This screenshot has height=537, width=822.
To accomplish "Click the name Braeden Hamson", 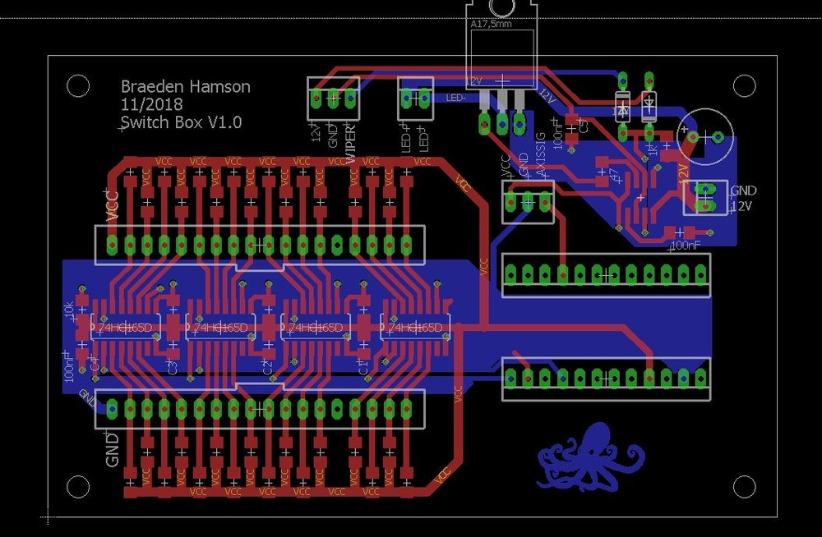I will click(x=186, y=86).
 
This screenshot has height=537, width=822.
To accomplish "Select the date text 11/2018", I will click(x=152, y=104).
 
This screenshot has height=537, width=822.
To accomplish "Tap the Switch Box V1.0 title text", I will click(x=181, y=122).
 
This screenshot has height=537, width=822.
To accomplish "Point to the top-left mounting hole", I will click(x=78, y=85).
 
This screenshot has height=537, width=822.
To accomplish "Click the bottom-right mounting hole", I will click(x=744, y=487).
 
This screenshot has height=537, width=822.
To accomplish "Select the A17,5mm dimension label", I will click(x=492, y=25).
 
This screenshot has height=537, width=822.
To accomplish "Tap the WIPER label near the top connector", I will click(x=352, y=145).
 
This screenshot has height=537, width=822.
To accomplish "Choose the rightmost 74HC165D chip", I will click(x=416, y=328).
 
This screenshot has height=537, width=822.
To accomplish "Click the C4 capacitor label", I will click(x=94, y=365).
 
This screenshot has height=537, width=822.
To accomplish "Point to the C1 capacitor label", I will click(x=363, y=366).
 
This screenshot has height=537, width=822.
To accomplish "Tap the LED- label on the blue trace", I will click(x=456, y=98).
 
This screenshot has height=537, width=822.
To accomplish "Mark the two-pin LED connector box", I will click(x=415, y=99).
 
